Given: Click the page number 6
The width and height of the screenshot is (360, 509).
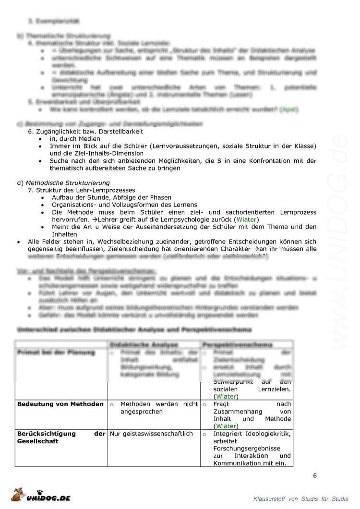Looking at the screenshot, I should [x=315, y=476].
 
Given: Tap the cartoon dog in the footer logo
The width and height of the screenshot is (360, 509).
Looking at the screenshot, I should [x=20, y=494].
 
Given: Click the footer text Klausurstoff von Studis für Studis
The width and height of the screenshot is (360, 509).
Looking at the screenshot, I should [x=301, y=499].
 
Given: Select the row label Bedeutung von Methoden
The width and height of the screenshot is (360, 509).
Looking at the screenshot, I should [x=60, y=404].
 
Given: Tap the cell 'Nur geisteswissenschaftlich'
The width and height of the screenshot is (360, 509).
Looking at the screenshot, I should [x=151, y=434].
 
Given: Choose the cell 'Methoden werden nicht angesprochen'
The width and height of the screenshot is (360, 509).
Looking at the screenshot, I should [x=158, y=408].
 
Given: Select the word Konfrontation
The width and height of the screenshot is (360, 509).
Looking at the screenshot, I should [x=255, y=161].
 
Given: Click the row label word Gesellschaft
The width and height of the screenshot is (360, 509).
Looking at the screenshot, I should [x=38, y=441].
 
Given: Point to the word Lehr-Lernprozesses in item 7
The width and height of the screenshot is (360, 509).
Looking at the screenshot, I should [x=104, y=190].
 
